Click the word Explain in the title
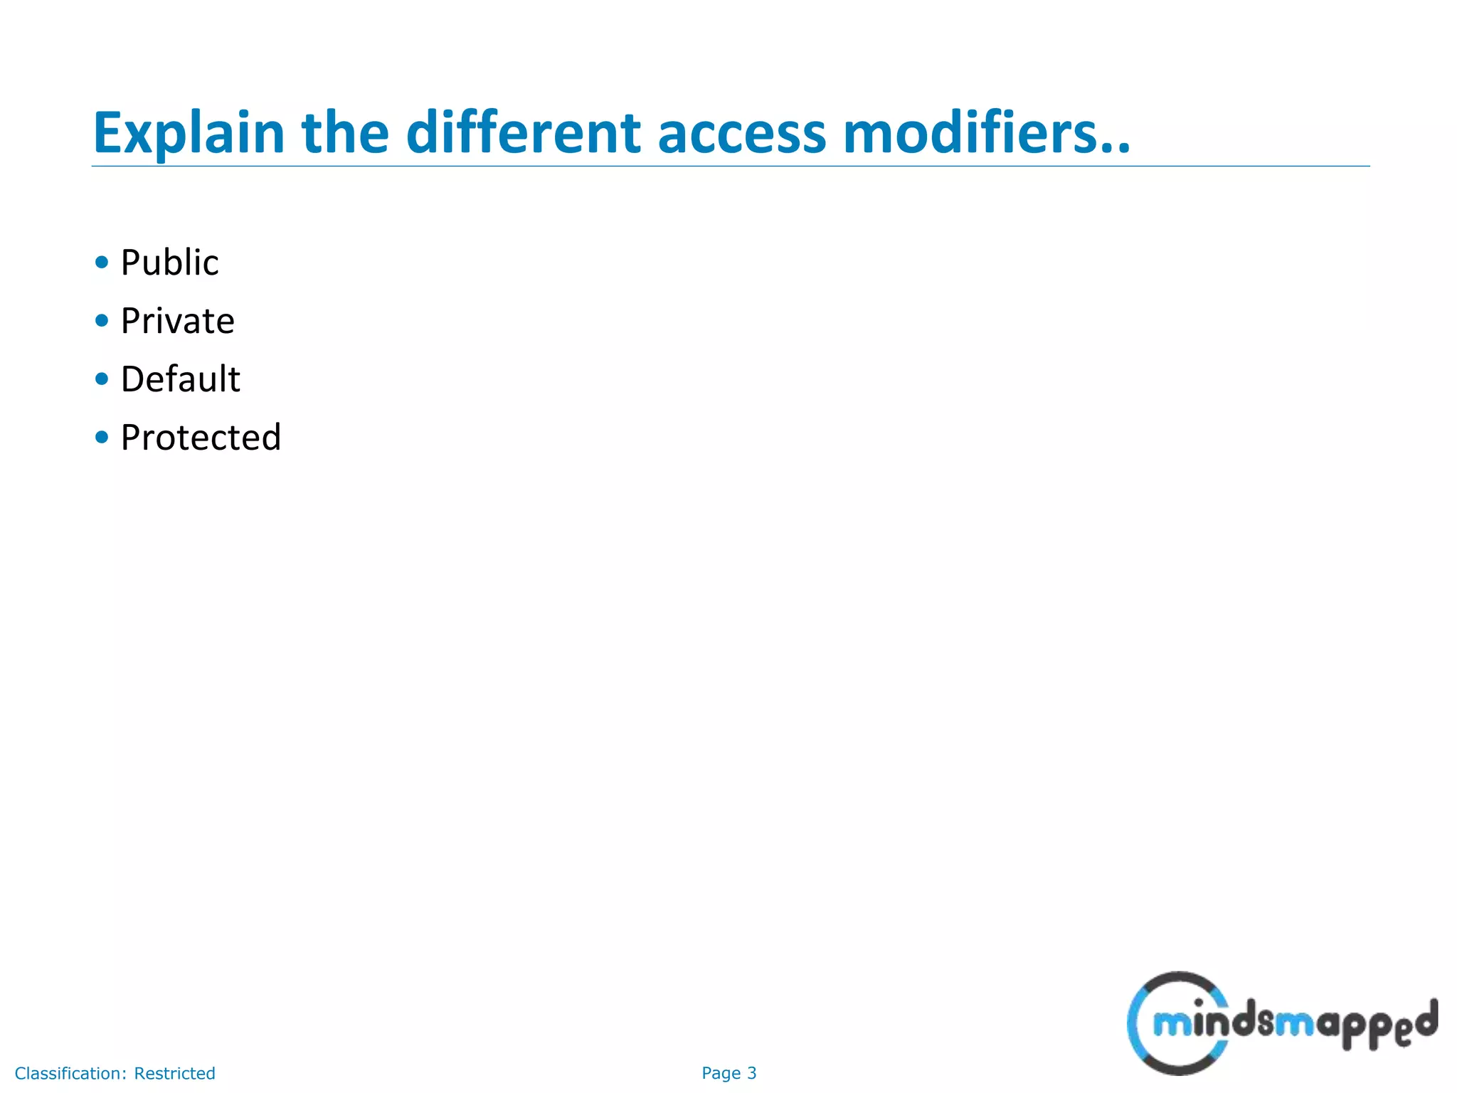tap(189, 133)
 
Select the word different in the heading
tap(523, 133)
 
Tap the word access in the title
tap(741, 133)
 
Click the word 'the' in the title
tap(345, 133)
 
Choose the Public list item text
tap(169, 263)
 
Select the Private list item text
tap(177, 321)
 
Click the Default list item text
tap(180, 379)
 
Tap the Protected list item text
tap(201, 438)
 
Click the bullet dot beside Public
tap(102, 263)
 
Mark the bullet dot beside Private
tap(102, 321)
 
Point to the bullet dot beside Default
tap(102, 379)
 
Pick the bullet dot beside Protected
tap(102, 437)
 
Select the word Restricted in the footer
tap(174, 1073)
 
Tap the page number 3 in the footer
tap(752, 1073)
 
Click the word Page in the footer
tap(721, 1073)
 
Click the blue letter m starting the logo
tap(1170, 1025)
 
